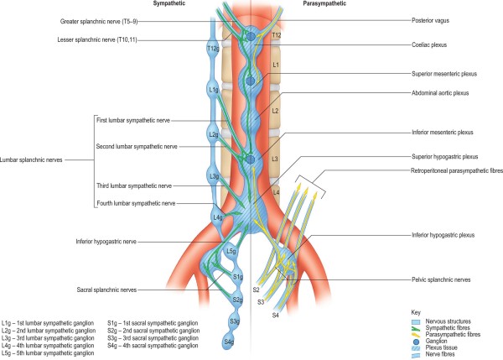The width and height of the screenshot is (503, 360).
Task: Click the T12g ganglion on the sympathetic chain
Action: click(213, 50)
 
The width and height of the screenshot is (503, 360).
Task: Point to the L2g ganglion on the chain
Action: click(213, 133)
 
